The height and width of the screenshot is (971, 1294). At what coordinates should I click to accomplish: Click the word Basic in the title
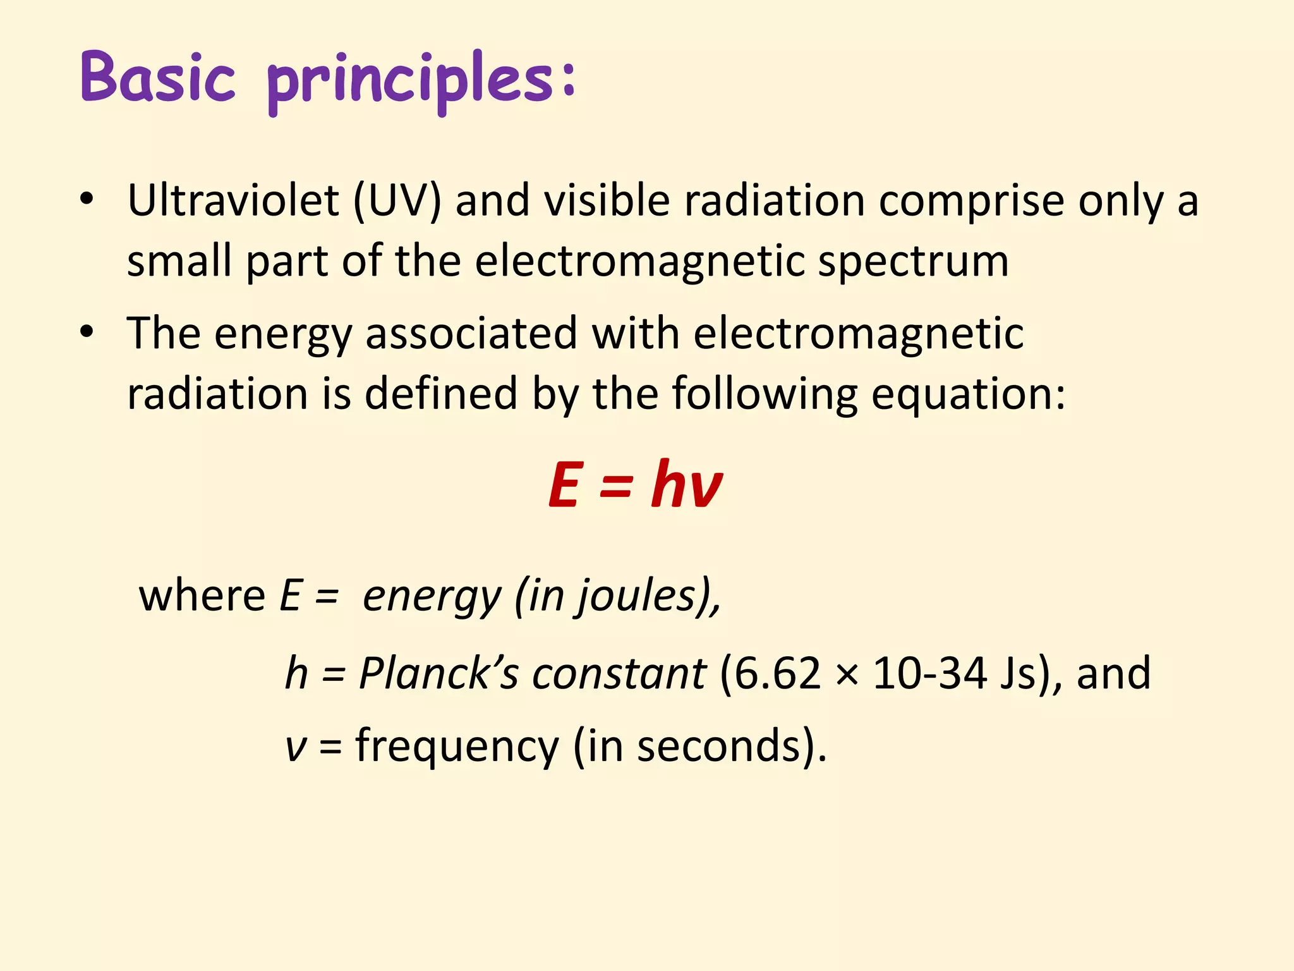pyautogui.click(x=158, y=78)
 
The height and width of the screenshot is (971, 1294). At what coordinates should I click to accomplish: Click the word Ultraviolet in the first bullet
pyautogui.click(x=233, y=201)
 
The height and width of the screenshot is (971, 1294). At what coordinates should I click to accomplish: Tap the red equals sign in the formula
pyautogui.click(x=615, y=485)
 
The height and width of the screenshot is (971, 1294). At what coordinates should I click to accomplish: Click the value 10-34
pyautogui.click(x=929, y=673)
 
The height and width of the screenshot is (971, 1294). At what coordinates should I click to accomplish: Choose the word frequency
pyautogui.click(x=457, y=746)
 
